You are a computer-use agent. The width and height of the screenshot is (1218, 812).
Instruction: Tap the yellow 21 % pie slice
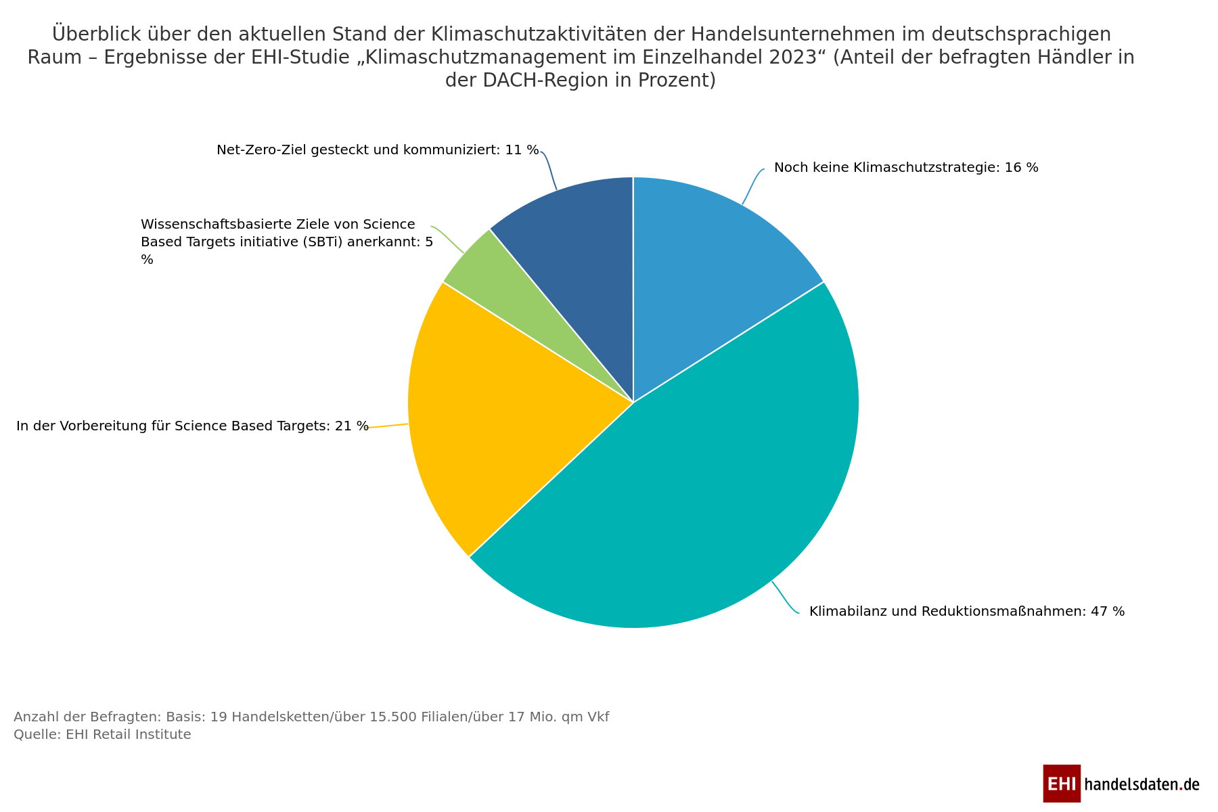point(487,420)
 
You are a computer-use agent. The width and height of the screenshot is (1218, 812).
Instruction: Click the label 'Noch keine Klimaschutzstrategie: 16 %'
point(905,168)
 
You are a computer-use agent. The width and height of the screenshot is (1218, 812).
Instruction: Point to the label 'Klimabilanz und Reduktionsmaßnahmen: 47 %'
point(966,612)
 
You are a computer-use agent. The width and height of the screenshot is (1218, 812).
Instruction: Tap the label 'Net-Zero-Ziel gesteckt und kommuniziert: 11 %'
point(378,150)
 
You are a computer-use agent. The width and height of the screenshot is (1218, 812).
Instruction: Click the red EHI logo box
point(1061,784)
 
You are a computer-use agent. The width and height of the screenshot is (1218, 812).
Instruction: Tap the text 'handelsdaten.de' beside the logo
point(1142,784)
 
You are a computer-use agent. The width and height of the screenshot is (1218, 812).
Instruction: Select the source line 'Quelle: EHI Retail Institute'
point(102,735)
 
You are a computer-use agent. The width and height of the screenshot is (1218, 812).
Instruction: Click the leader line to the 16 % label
point(752,184)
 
